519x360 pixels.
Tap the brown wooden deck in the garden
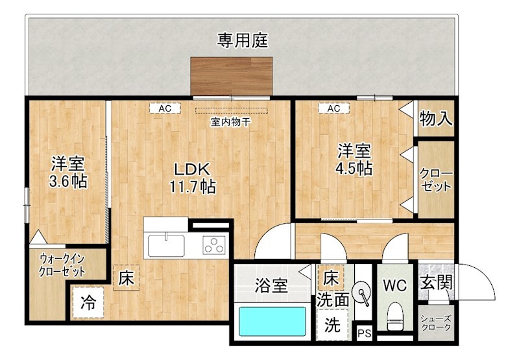tap(230, 77)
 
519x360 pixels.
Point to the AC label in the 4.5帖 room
tap(333, 109)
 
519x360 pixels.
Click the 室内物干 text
tap(230, 121)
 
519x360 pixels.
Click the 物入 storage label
tap(435, 119)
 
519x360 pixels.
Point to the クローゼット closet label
tap(436, 180)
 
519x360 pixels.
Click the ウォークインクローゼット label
tap(62, 263)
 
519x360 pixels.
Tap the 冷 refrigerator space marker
tap(88, 302)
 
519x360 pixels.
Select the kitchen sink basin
tap(166, 246)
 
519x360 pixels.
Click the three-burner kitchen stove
tap(213, 245)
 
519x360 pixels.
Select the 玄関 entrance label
tap(436, 283)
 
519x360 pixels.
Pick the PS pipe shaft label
tap(365, 335)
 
